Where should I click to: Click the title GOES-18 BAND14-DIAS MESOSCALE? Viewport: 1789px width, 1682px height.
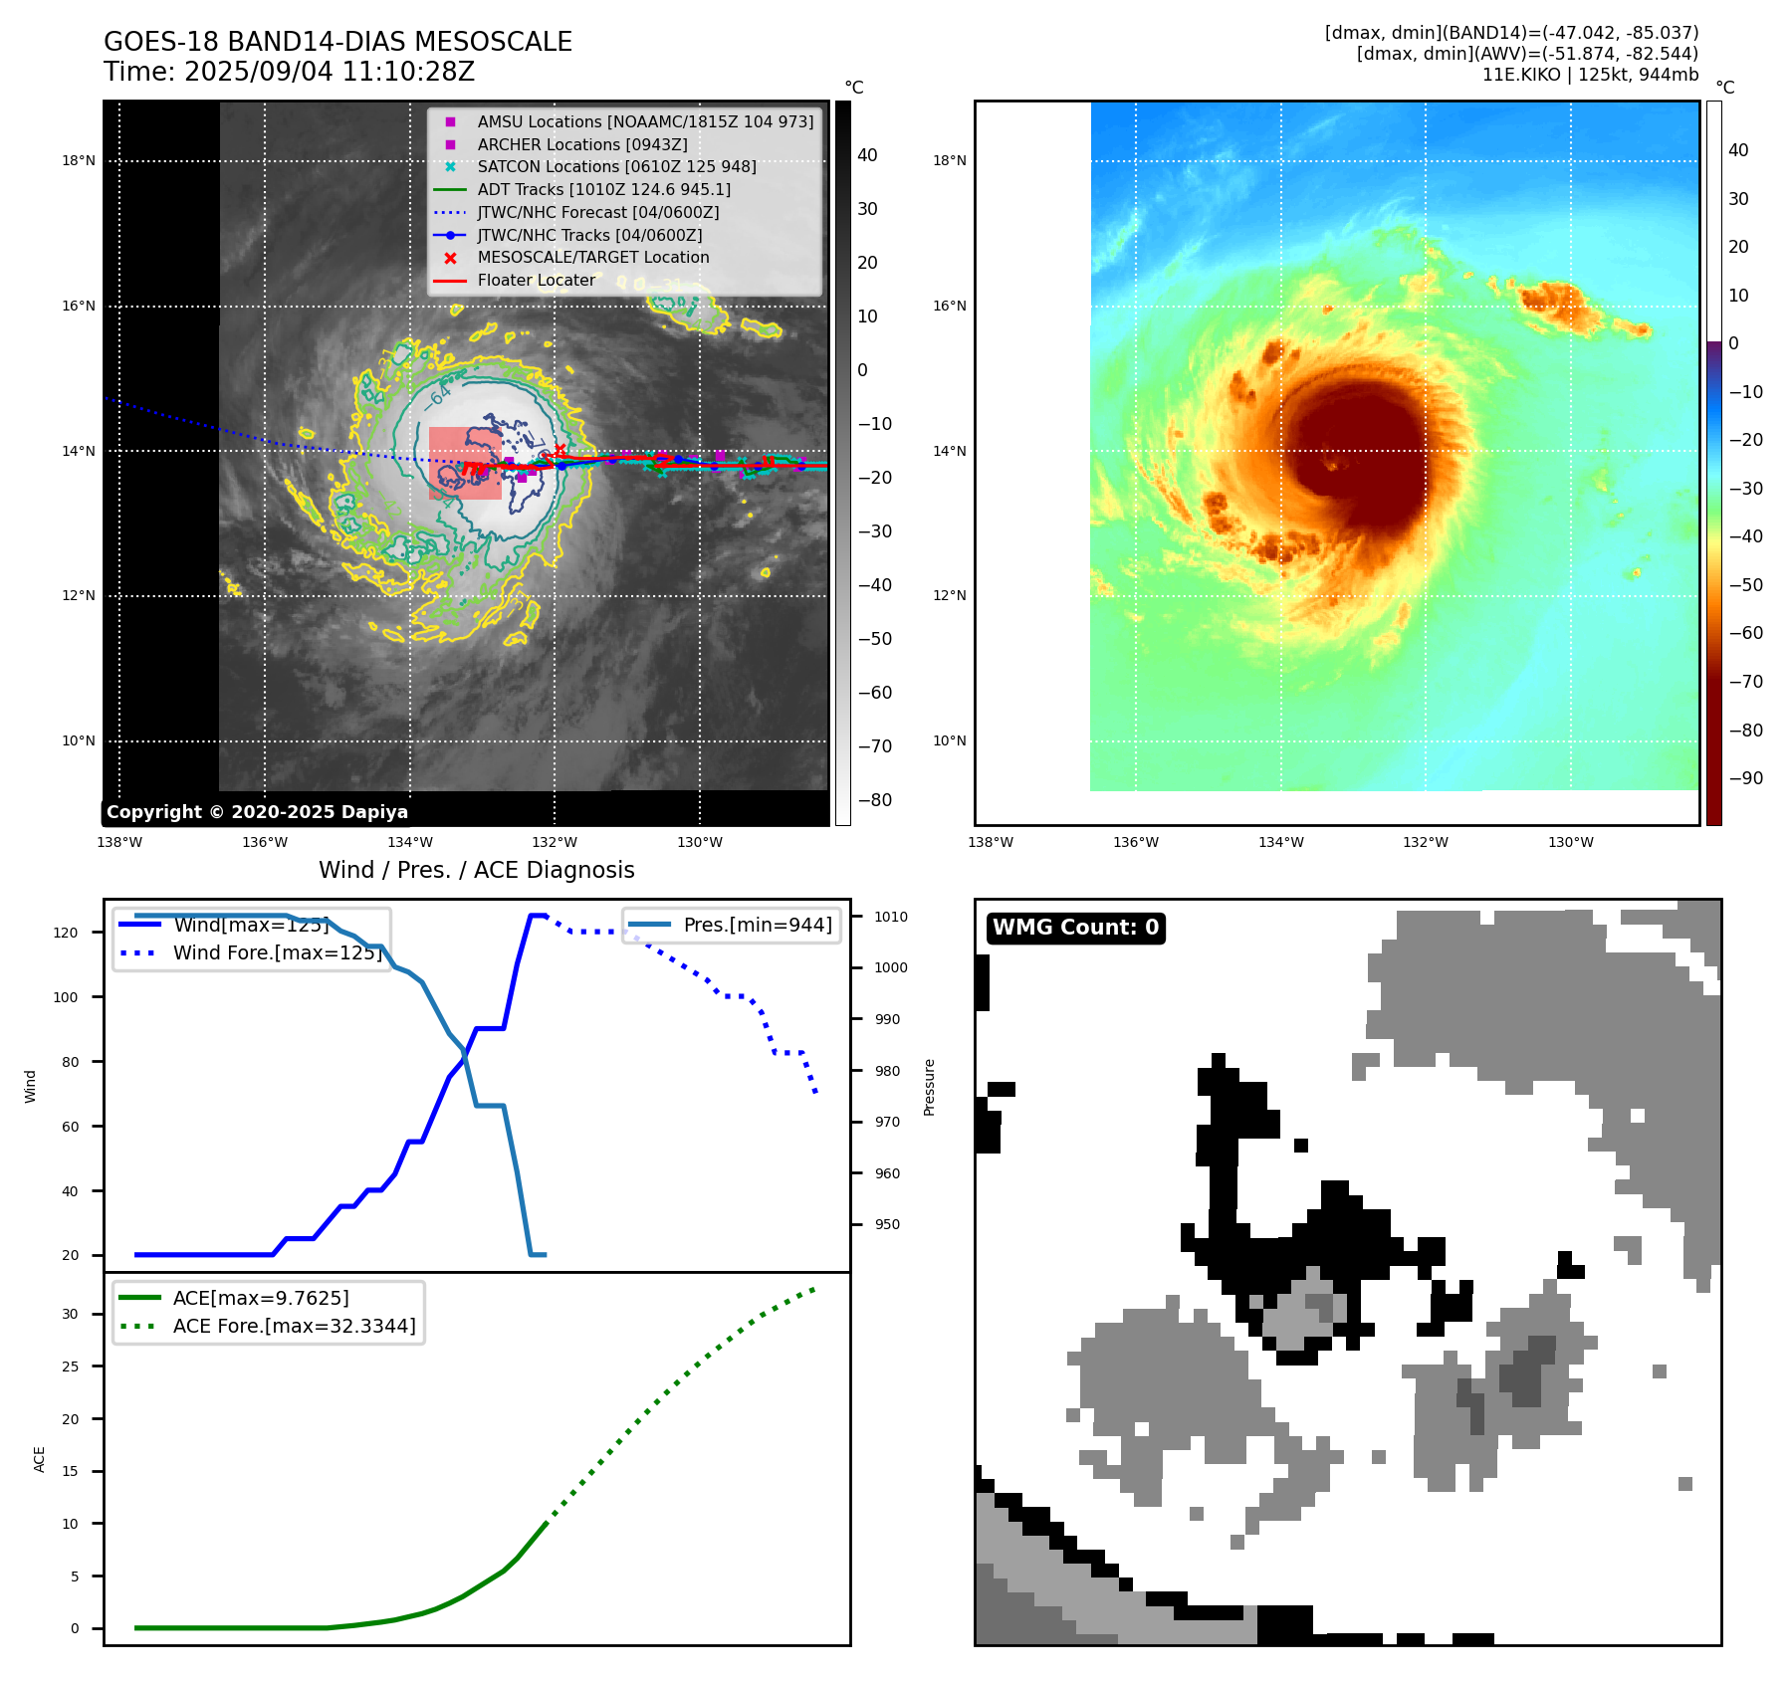point(337,42)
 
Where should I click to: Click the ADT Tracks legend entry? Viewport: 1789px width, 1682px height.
point(603,189)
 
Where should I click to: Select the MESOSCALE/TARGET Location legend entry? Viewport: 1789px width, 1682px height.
point(593,257)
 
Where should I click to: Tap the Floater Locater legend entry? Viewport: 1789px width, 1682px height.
point(536,280)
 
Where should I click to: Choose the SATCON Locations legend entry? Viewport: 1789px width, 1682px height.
point(616,166)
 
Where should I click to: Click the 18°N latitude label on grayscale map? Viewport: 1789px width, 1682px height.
point(79,160)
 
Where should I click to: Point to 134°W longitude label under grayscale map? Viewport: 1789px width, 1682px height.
point(409,842)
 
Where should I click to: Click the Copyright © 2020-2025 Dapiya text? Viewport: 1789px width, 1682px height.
point(257,812)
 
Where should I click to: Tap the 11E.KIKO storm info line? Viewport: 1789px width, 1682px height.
point(1590,75)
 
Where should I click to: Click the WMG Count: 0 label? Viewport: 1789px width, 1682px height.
point(1075,928)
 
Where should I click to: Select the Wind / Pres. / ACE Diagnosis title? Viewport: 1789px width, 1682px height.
point(476,870)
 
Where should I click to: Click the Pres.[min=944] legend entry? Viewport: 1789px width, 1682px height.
point(758,925)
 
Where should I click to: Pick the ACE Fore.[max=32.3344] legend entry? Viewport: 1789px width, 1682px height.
point(294,1326)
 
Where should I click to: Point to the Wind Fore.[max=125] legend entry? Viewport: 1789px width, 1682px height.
point(277,952)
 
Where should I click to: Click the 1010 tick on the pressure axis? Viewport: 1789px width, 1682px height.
point(891,917)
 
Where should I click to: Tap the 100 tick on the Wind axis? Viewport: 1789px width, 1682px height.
point(66,997)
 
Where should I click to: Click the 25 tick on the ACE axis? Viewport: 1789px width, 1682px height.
point(70,1367)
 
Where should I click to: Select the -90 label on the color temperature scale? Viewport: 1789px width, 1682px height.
point(1745,778)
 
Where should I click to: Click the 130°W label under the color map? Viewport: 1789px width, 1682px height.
point(1570,842)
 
